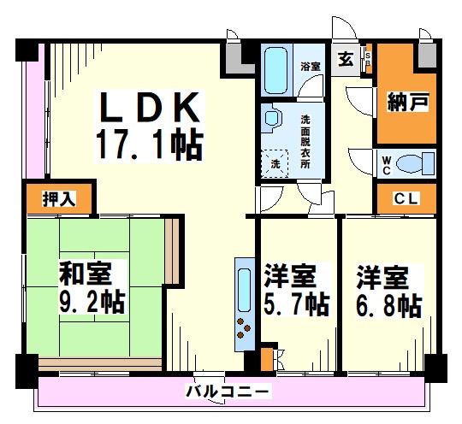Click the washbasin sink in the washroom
tap(274, 120)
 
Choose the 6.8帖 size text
tap(388, 305)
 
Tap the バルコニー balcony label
tap(228, 392)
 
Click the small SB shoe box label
tap(368, 59)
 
